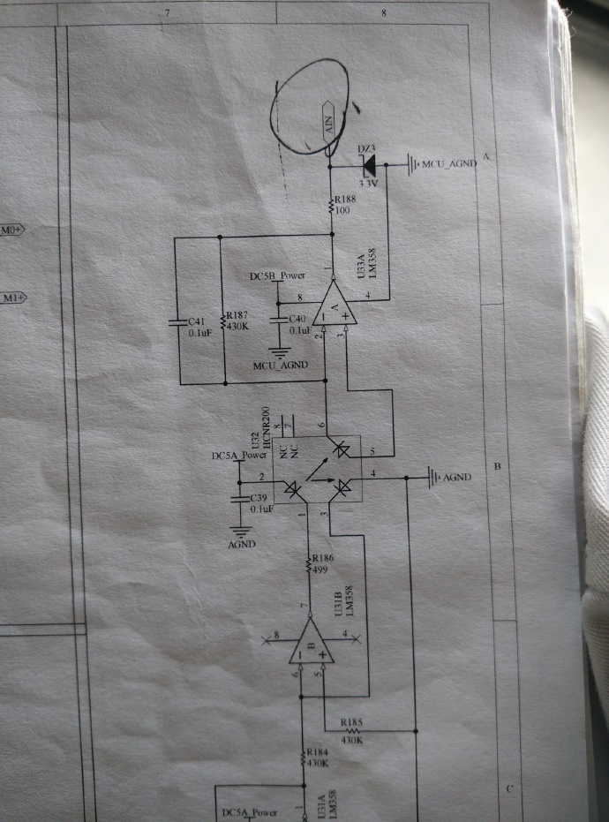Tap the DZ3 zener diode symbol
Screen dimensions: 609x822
(367, 163)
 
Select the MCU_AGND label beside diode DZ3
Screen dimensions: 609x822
(450, 163)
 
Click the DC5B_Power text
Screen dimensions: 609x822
(278, 276)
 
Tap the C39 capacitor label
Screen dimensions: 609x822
(260, 500)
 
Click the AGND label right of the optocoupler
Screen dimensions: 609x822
(456, 478)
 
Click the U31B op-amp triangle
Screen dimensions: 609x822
(310, 641)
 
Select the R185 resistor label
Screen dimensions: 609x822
(352, 722)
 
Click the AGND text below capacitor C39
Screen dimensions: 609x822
(241, 545)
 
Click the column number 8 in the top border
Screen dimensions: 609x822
(384, 12)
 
